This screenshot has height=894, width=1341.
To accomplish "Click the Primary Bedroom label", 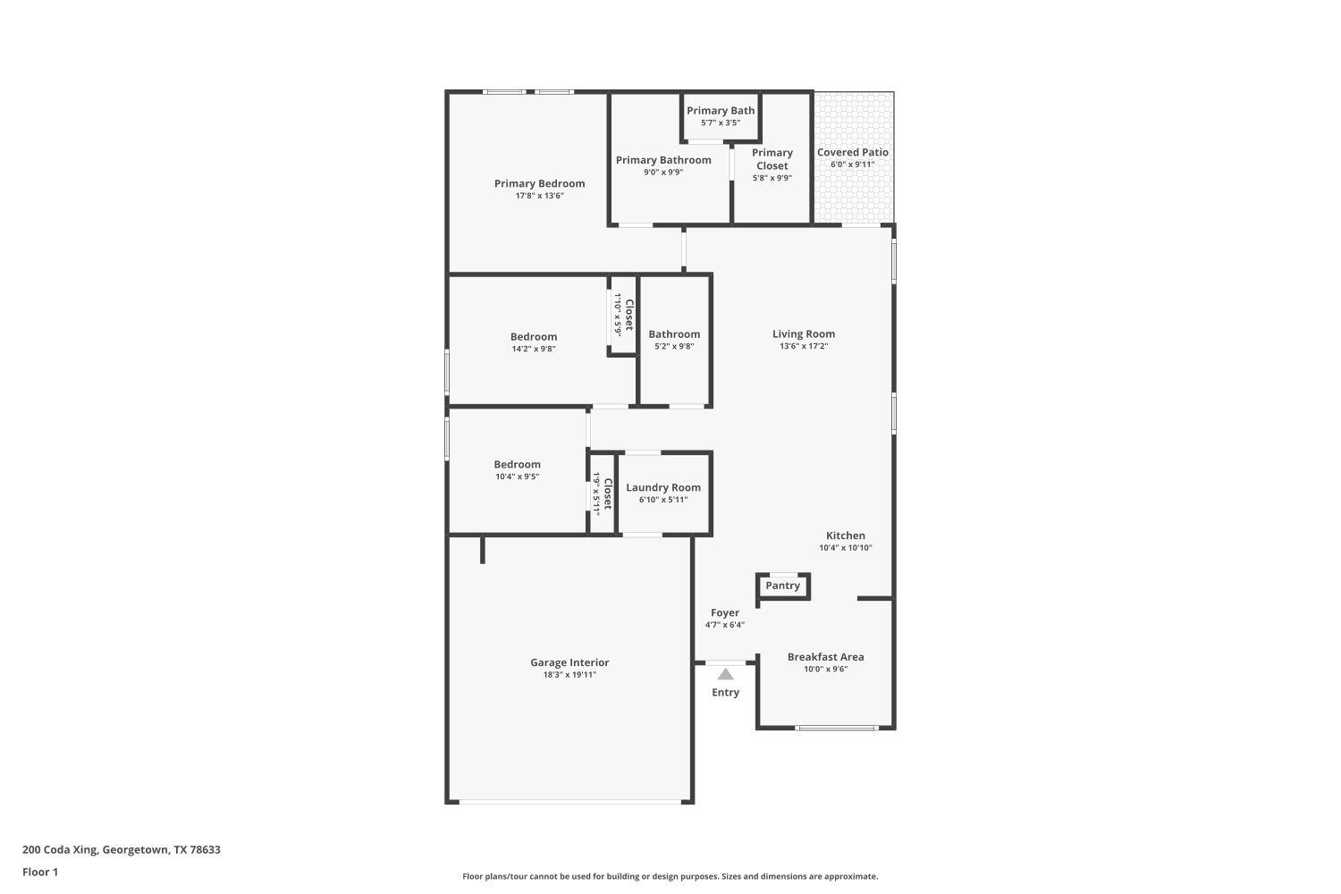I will point(539,183).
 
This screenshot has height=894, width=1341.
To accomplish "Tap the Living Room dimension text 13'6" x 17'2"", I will point(804,346).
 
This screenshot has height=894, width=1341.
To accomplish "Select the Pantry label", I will point(782,586).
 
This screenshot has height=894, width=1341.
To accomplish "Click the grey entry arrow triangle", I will point(725,674).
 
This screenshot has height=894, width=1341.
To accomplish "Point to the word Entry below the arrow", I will point(725,692).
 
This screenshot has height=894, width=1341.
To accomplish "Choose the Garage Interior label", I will point(569,662).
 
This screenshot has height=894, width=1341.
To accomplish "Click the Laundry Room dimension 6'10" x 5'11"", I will point(663,500).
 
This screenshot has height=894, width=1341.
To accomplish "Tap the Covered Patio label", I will point(852,152).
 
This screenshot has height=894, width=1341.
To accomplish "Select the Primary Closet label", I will point(772,159).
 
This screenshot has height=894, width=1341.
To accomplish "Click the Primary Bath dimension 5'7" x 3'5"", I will point(720,123).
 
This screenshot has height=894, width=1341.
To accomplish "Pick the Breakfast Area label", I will point(825,656).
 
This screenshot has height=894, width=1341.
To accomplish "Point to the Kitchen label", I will point(845,536).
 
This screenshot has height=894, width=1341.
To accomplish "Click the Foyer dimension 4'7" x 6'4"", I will point(724,625).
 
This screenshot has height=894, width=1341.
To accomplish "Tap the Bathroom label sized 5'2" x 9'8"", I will point(674,334).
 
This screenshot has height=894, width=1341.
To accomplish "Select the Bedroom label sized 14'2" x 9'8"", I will point(534,337).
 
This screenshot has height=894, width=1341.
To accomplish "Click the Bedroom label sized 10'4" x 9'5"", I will point(517,464).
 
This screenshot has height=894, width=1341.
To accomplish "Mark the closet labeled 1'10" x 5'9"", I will point(623,315).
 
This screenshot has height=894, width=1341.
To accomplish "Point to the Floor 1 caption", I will point(40,872).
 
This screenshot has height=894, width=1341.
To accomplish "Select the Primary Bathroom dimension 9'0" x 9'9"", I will point(663,173).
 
